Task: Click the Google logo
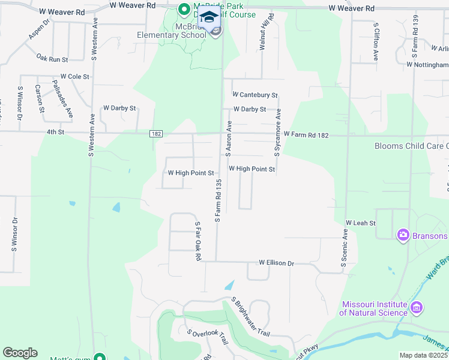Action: (20, 353)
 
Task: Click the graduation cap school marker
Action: (209, 19)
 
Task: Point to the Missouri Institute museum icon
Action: (417, 308)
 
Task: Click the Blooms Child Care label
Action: (411, 146)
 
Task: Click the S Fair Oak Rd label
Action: (197, 241)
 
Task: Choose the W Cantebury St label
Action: (255, 95)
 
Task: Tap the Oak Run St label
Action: (52, 59)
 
